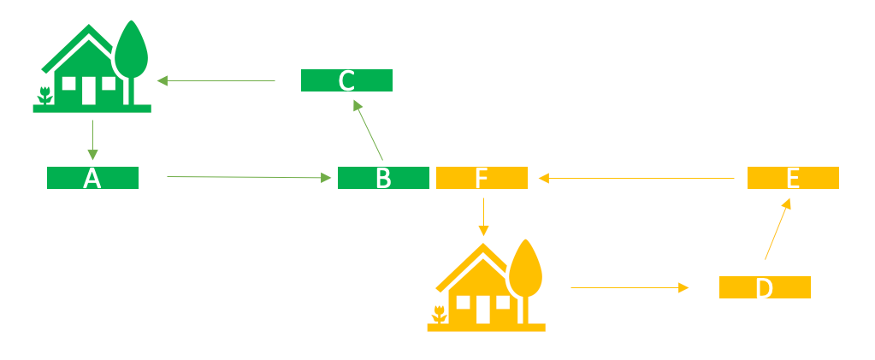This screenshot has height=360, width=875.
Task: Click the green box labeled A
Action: pos(92,178)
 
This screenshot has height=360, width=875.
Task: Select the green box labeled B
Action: pos(383,178)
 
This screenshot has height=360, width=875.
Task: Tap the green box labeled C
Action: pos(346,80)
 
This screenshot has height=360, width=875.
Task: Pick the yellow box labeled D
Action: pos(765,287)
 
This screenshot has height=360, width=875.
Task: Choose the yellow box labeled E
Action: pos(793,178)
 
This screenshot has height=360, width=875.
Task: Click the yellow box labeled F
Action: pos(482,178)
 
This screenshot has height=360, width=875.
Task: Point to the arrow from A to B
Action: pos(248,177)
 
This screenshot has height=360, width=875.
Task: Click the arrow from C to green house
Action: pos(216,81)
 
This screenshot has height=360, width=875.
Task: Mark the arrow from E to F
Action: pos(636,178)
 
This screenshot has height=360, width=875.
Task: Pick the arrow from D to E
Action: pos(777,229)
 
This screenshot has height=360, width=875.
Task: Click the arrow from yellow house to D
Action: pos(629,288)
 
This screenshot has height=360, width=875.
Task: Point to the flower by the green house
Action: pos(45,96)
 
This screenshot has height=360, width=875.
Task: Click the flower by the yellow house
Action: pos(440,314)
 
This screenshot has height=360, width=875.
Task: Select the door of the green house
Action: pos(88,90)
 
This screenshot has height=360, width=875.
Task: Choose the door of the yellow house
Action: pos(482,309)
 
